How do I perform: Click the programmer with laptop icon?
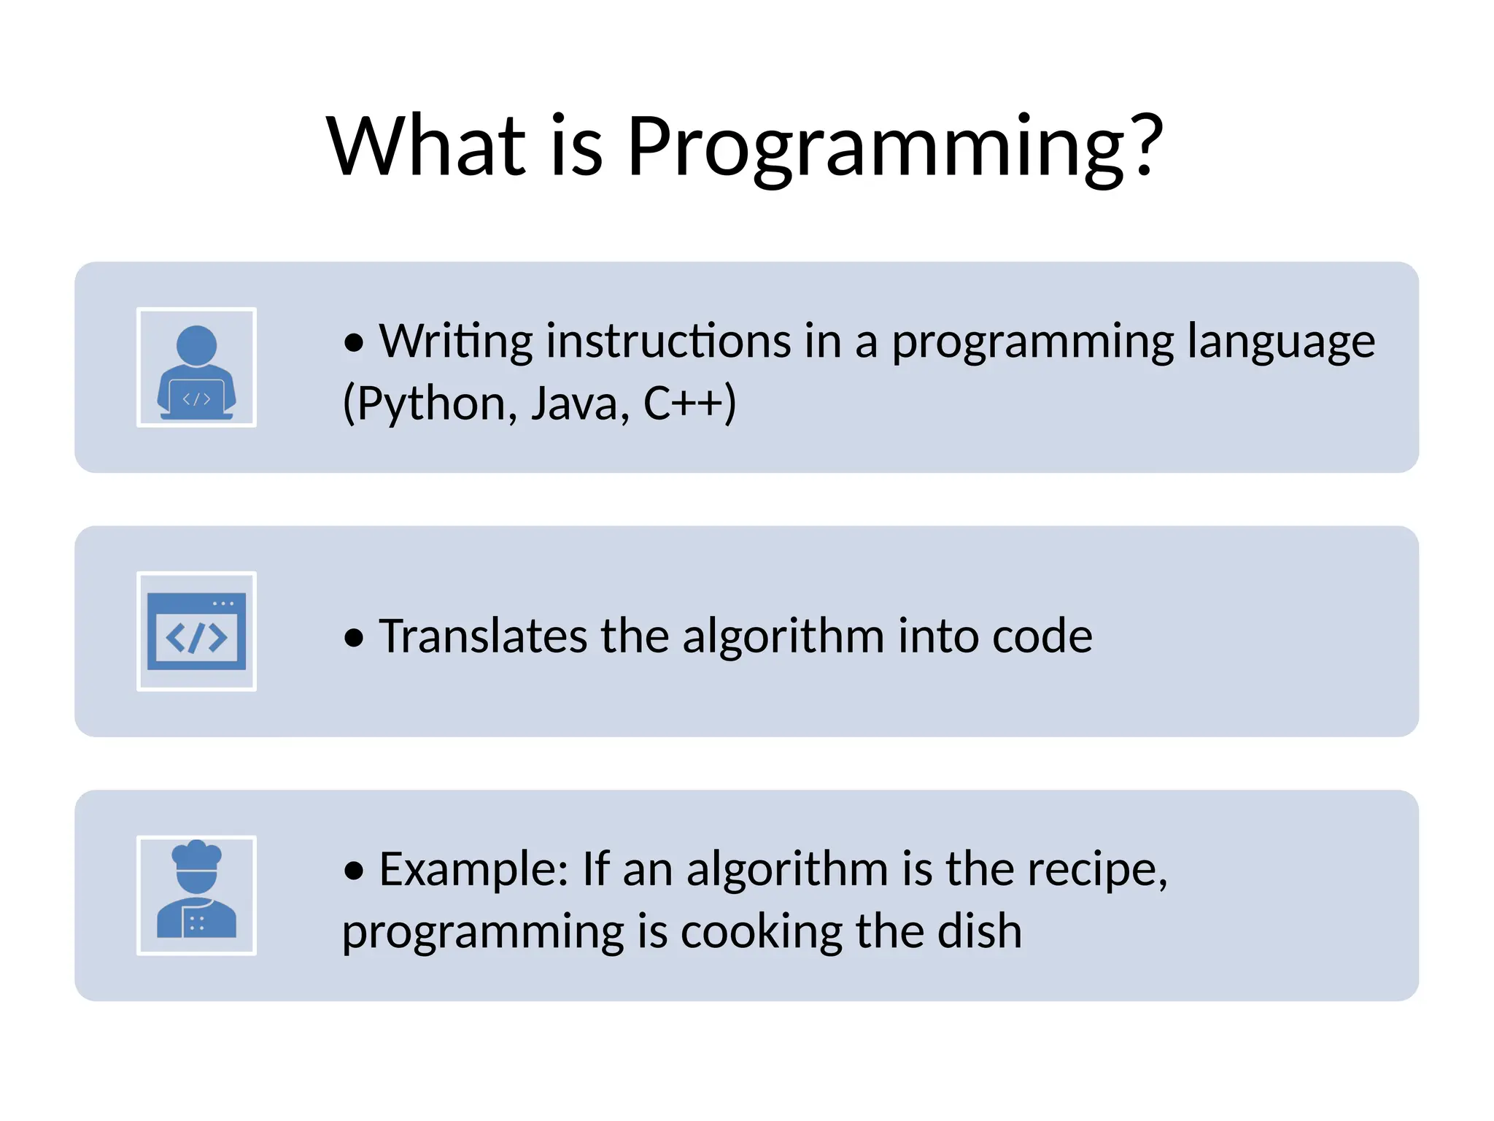point(196,368)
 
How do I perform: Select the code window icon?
point(196,631)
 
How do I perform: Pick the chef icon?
point(196,895)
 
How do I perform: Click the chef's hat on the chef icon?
point(196,855)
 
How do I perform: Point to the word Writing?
point(456,342)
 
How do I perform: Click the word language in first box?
point(1281,342)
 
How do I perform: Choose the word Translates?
point(483,636)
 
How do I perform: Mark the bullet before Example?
point(354,871)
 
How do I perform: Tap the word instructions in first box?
point(667,342)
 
